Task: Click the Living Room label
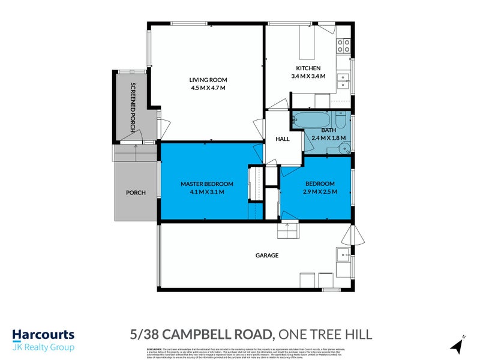(x=208, y=80)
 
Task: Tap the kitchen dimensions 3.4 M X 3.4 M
(x=308, y=76)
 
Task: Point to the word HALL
(x=283, y=139)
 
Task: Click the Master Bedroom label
(x=207, y=184)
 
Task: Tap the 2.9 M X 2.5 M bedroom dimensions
(x=319, y=192)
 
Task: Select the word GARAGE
(x=268, y=256)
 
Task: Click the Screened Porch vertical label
(x=134, y=107)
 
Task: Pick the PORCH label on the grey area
(x=136, y=193)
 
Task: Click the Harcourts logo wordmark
(x=43, y=335)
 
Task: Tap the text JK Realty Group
(x=43, y=347)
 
